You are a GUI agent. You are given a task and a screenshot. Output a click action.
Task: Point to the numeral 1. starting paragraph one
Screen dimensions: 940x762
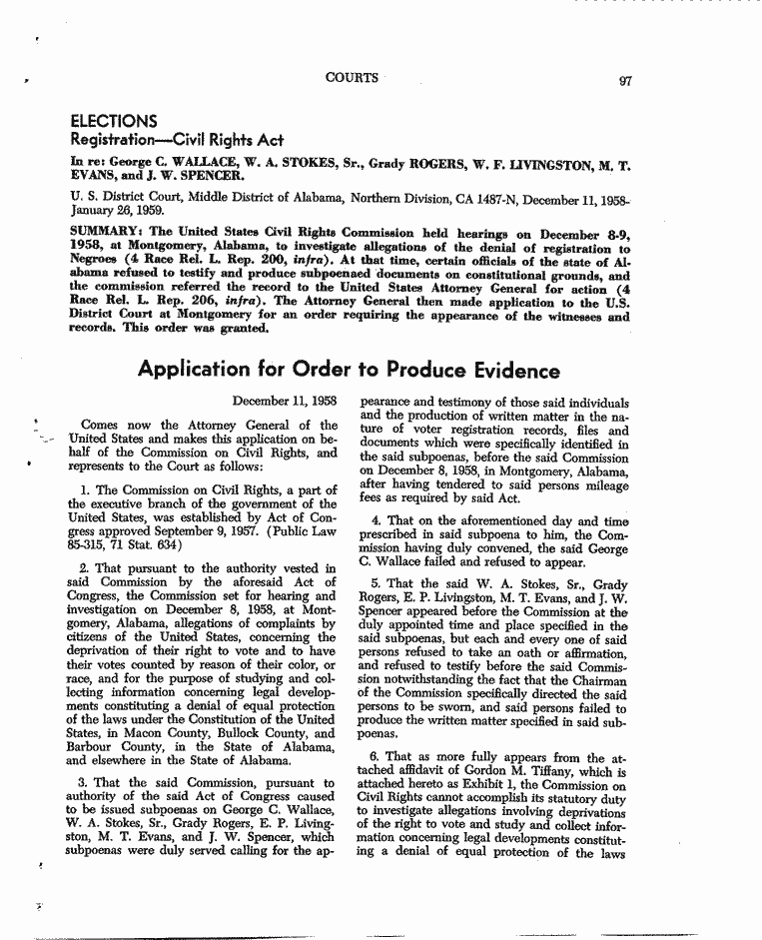85,489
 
